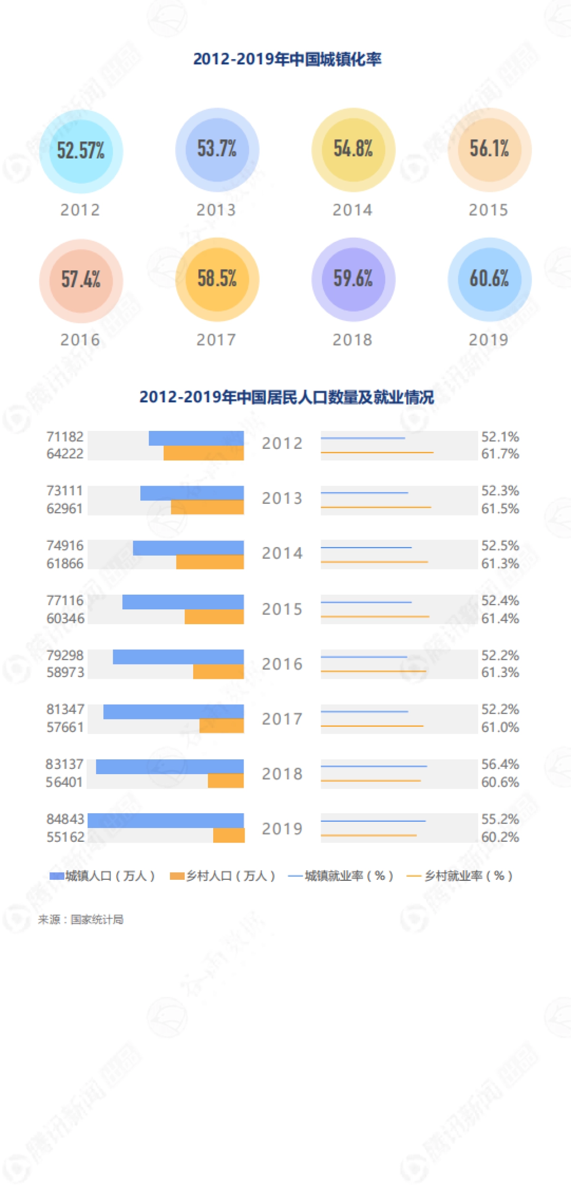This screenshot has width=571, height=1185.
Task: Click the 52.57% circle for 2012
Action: point(81,151)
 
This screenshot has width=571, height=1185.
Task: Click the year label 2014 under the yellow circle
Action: point(352,210)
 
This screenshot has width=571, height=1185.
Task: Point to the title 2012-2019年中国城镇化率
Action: point(287,60)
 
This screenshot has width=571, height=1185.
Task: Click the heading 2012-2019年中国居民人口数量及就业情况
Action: point(286,397)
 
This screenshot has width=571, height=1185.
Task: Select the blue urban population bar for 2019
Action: point(166,820)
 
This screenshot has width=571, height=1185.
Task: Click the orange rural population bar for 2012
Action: point(204,453)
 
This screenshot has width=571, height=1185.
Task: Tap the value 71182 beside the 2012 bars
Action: point(65,437)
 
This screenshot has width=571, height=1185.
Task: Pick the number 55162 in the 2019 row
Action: point(65,837)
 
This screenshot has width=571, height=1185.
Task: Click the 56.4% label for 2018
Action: point(500,764)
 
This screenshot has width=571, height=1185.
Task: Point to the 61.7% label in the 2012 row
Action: point(500,454)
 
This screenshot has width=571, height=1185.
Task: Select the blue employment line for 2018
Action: point(374,766)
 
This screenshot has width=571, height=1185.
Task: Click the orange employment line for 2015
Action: point(375,617)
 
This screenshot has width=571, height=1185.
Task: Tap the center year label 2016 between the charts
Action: point(282,664)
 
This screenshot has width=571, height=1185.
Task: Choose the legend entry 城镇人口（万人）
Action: point(103,876)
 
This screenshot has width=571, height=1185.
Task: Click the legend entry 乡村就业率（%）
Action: point(460,876)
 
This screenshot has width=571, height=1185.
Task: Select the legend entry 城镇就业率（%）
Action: point(341,876)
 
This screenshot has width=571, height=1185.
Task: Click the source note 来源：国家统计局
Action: point(80,919)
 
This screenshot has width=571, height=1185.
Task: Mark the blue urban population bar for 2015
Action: point(183,602)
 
